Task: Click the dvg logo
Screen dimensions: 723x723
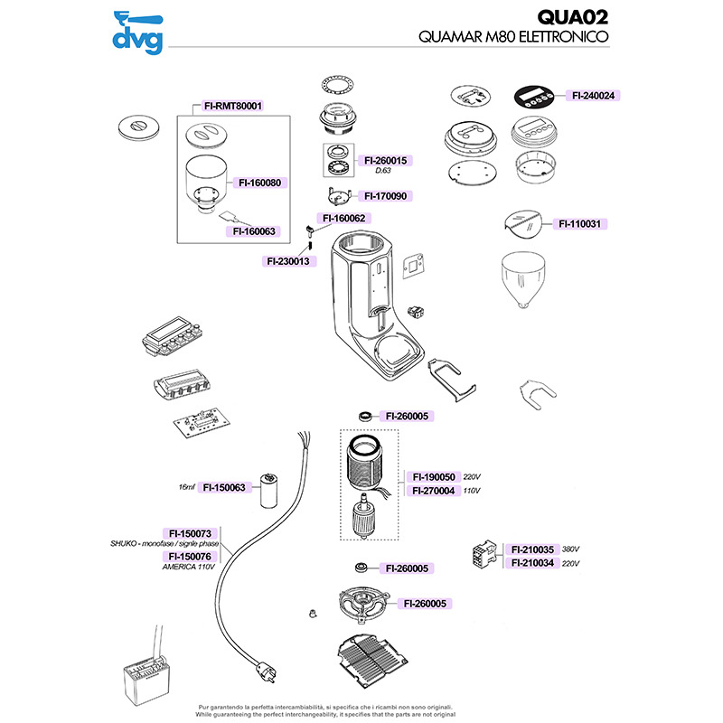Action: pyautogui.click(x=138, y=33)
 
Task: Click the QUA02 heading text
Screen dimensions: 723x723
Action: pyautogui.click(x=573, y=18)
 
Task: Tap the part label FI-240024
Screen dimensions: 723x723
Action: pyautogui.click(x=593, y=96)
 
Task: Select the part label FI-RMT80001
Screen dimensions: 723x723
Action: pyautogui.click(x=233, y=106)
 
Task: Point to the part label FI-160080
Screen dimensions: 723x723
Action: pyautogui.click(x=259, y=183)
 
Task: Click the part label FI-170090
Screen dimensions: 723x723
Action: pyautogui.click(x=386, y=196)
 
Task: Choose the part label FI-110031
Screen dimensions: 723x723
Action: pyautogui.click(x=580, y=224)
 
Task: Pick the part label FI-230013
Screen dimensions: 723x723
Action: pyautogui.click(x=288, y=261)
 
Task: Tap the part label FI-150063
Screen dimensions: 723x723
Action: pyautogui.click(x=224, y=487)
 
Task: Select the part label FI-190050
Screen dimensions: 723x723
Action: pyautogui.click(x=434, y=477)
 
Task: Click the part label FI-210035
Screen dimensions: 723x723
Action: pyautogui.click(x=532, y=549)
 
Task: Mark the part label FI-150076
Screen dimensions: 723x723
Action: pyautogui.click(x=190, y=557)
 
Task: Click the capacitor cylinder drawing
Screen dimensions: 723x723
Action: pyautogui.click(x=268, y=491)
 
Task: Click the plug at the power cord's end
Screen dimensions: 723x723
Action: pyautogui.click(x=267, y=671)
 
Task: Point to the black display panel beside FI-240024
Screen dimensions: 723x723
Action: pyautogui.click(x=533, y=98)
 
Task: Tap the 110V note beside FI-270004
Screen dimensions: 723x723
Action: pyautogui.click(x=471, y=491)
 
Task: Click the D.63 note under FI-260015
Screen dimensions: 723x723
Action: pyautogui.click(x=382, y=171)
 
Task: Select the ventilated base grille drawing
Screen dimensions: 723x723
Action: pyautogui.click(x=372, y=661)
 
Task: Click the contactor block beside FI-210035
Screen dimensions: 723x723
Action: pyautogui.click(x=484, y=555)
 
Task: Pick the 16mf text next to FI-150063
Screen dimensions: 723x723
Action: pyautogui.click(x=187, y=487)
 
